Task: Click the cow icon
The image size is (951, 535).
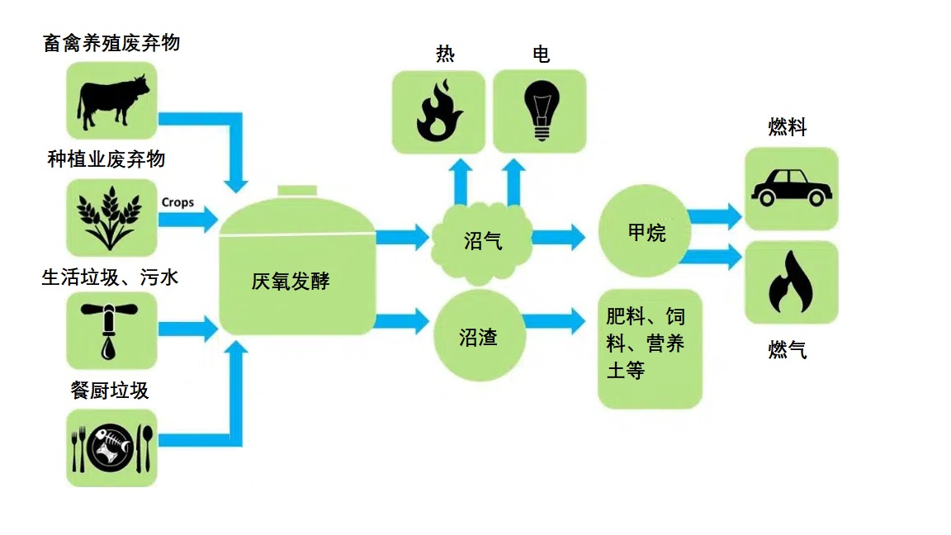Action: [112, 99]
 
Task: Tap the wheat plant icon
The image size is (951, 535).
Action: [109, 218]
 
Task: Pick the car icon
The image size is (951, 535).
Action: [791, 187]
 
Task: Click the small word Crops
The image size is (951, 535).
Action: [177, 202]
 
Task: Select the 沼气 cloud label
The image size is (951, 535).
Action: [483, 241]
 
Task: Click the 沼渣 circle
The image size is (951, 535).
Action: [479, 337]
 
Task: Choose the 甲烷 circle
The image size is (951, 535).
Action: [646, 233]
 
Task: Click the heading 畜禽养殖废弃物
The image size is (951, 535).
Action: [111, 43]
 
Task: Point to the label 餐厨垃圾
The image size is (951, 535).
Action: [111, 390]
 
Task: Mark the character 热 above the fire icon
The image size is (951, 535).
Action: [445, 54]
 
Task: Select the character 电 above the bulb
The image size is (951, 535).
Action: [541, 54]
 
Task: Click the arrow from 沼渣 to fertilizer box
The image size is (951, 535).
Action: [553, 320]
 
